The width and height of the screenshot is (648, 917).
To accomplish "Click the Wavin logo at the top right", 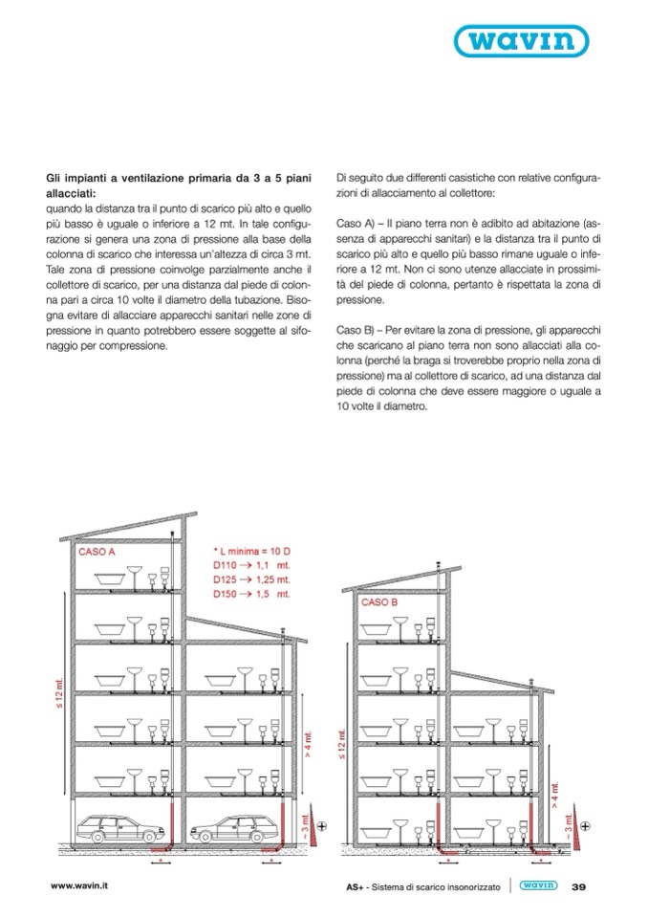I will click(547, 40).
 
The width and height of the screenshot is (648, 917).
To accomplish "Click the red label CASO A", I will click(97, 553).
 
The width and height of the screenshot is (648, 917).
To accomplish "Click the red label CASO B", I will click(380, 603).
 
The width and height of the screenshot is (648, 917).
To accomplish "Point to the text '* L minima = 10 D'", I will click(252, 553).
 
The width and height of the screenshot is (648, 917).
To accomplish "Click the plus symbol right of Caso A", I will click(322, 824).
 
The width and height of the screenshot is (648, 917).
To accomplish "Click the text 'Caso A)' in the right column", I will click(357, 223).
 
